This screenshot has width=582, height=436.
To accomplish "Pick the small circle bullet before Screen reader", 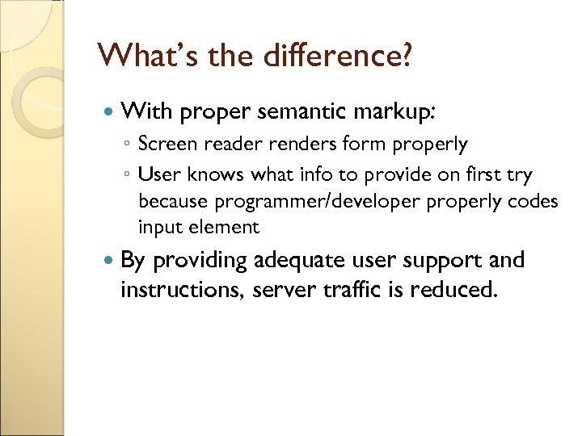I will [x=127, y=146].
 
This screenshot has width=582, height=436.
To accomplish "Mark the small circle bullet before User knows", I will [x=127, y=174].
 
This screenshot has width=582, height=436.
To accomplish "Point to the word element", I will [x=228, y=228].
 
